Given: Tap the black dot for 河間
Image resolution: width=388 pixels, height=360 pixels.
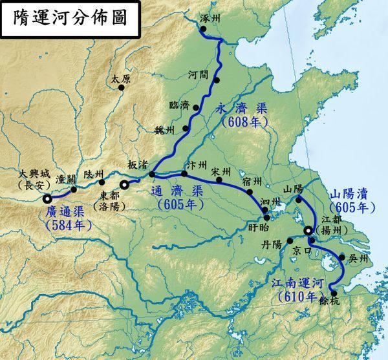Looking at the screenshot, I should (x=218, y=80).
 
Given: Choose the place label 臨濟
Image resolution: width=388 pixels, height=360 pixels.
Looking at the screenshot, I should (x=178, y=105).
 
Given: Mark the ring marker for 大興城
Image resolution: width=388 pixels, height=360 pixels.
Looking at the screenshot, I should (x=46, y=191).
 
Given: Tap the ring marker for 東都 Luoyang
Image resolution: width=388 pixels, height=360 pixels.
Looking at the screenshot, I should (x=124, y=185).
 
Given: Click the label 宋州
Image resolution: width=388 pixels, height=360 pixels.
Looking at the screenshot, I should (x=221, y=171).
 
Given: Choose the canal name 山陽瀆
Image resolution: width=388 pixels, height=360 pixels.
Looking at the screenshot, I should (x=350, y=195).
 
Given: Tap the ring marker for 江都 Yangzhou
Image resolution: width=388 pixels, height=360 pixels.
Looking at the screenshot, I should (x=308, y=231).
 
